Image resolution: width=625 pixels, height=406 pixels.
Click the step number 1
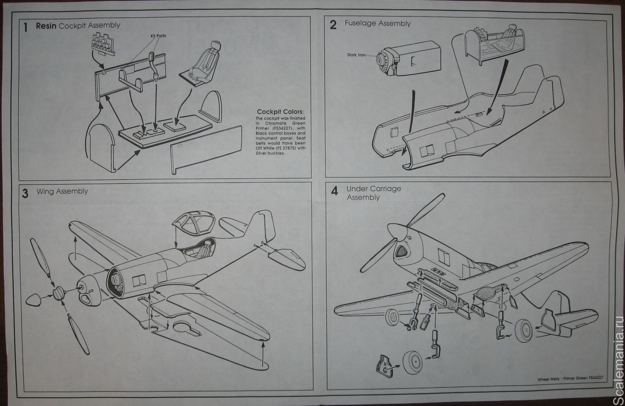coord(26,27)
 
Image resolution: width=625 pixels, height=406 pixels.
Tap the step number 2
coord(333,25)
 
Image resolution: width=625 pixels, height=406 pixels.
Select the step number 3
coord(26,193)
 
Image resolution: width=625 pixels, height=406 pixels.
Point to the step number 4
coord(334,191)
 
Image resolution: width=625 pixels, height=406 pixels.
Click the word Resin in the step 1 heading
coord(46,26)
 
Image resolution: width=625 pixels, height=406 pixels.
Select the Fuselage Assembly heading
coord(377,23)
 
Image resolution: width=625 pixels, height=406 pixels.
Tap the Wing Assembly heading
coord(62,191)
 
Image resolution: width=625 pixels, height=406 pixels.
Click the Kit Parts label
coord(158,36)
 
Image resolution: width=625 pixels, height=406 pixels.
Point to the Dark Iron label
coord(356,55)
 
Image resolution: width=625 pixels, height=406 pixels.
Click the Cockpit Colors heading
coord(280,112)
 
